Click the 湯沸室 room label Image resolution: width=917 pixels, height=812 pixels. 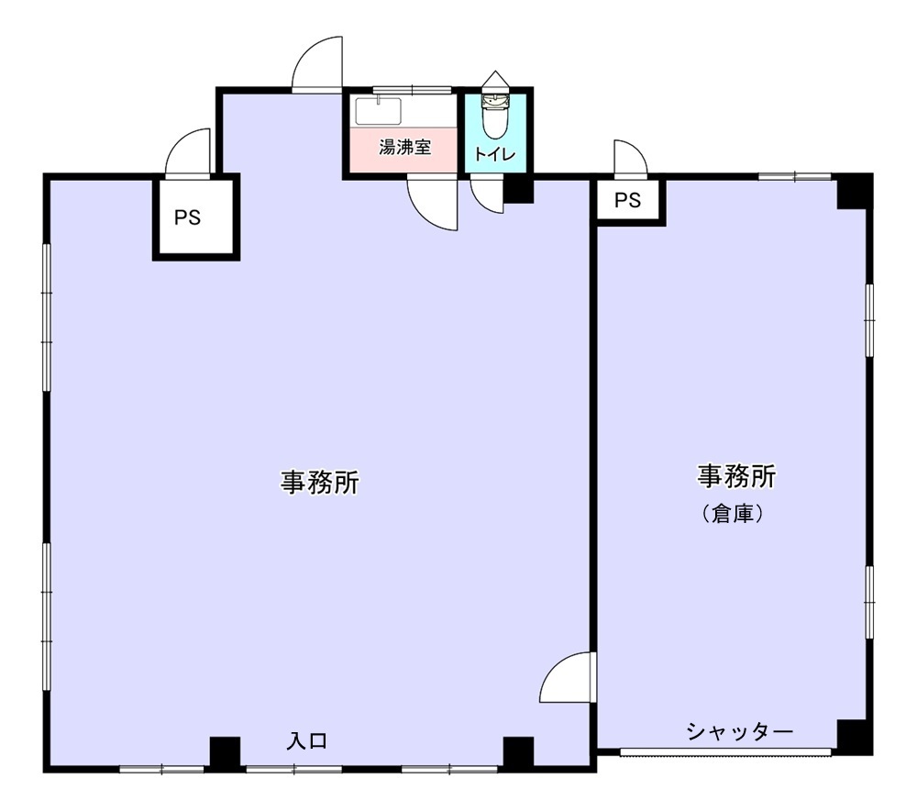click(404, 147)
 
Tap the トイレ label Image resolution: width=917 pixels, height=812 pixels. click(495, 154)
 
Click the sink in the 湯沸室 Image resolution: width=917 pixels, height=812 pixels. click(379, 111)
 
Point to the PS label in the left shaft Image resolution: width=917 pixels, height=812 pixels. click(187, 217)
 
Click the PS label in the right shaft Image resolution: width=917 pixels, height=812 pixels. click(627, 200)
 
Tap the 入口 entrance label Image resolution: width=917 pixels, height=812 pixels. click(307, 741)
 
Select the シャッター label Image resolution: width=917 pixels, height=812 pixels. click(740, 731)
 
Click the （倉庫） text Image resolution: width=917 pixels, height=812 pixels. click(733, 514)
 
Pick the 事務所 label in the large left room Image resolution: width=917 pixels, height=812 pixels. click(319, 483)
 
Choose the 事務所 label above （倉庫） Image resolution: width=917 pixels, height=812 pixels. click(736, 476)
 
